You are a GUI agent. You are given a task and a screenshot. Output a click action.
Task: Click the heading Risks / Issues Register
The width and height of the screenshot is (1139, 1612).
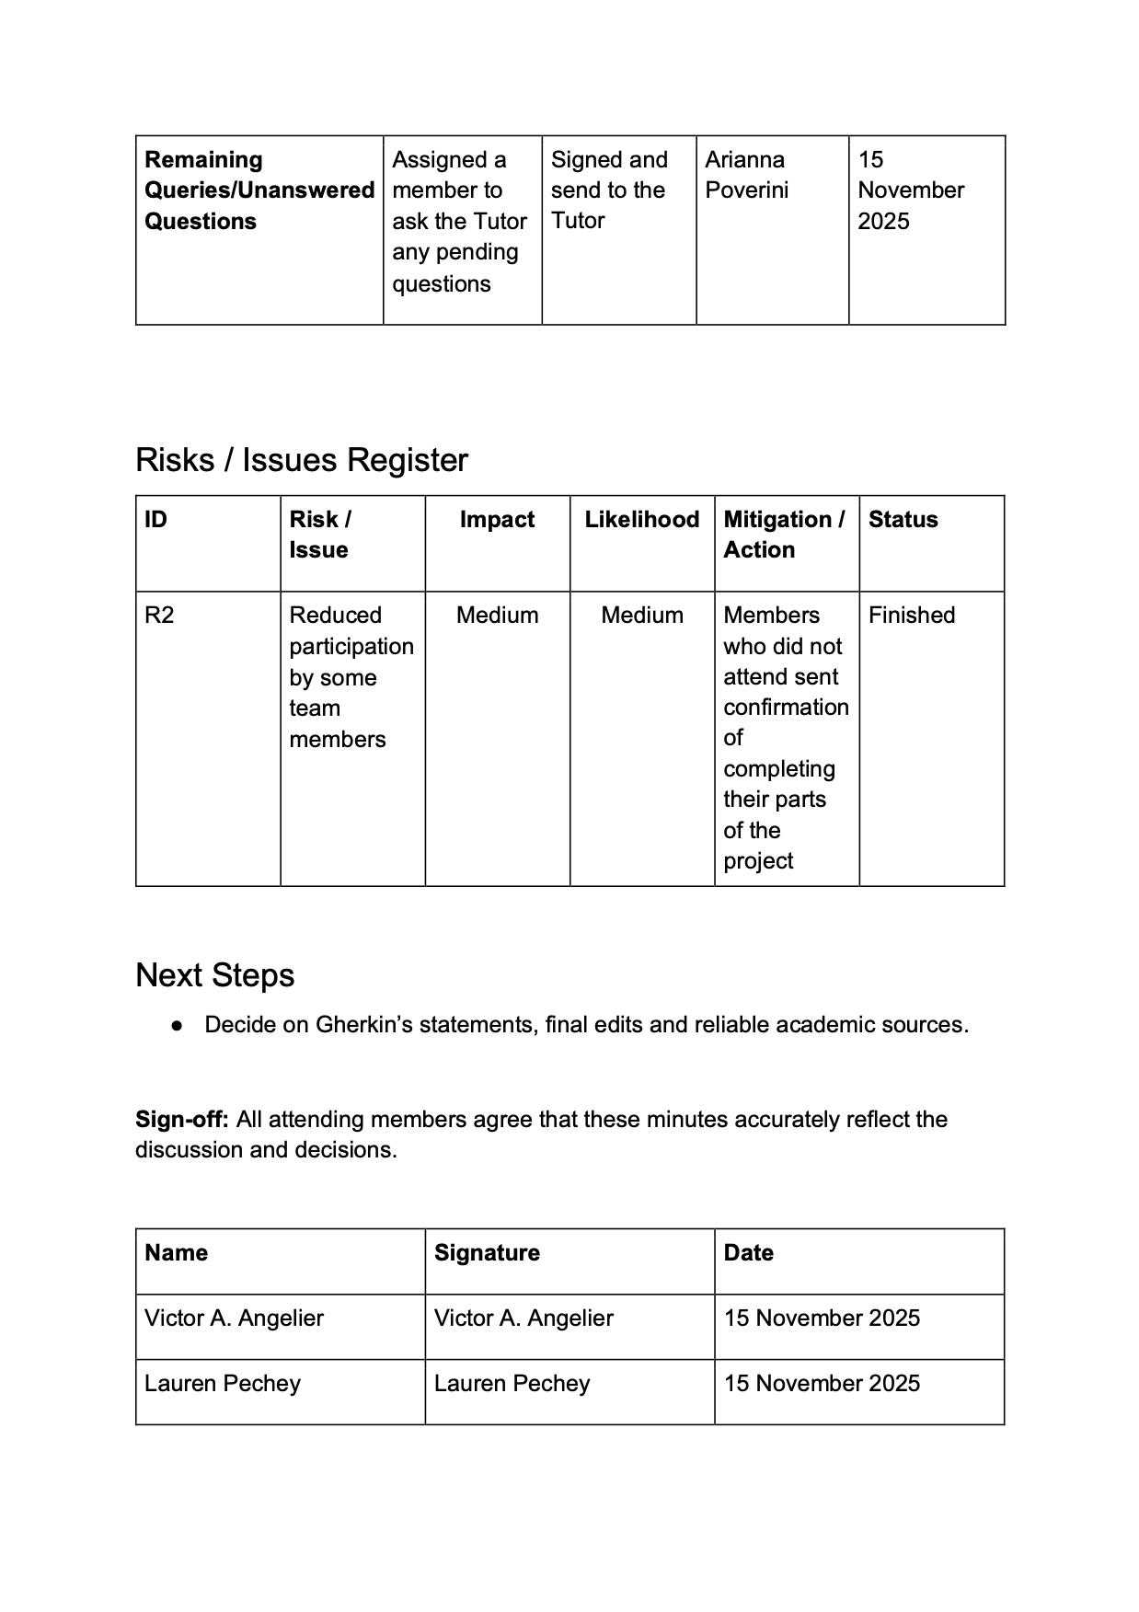(301, 460)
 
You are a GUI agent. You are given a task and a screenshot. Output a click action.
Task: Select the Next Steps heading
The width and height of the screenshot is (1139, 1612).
(214, 975)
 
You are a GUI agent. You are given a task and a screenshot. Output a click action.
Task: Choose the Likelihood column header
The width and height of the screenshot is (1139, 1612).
(641, 520)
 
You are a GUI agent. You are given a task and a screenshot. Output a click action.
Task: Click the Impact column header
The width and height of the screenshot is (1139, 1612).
(497, 520)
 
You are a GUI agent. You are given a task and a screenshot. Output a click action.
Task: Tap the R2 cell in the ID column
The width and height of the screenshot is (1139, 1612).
(159, 616)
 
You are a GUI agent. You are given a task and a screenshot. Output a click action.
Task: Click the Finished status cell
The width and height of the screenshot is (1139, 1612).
(911, 616)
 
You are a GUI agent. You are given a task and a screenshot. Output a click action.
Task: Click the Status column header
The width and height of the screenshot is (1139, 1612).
(903, 520)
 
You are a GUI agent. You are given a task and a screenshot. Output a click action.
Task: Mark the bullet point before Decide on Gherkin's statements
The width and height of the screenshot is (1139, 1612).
(176, 1026)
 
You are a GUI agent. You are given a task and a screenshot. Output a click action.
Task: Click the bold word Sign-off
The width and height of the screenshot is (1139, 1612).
(181, 1120)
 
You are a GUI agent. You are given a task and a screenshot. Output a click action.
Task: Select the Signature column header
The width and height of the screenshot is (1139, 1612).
(487, 1253)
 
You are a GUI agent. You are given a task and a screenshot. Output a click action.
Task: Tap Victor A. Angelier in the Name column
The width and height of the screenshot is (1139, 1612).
(234, 1318)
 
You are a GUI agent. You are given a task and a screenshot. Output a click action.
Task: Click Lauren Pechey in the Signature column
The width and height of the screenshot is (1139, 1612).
(512, 1384)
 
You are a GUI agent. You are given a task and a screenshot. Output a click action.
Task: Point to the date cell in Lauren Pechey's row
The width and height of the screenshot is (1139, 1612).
(821, 1384)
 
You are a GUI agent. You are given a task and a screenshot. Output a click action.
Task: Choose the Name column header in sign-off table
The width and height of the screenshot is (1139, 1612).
(176, 1253)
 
